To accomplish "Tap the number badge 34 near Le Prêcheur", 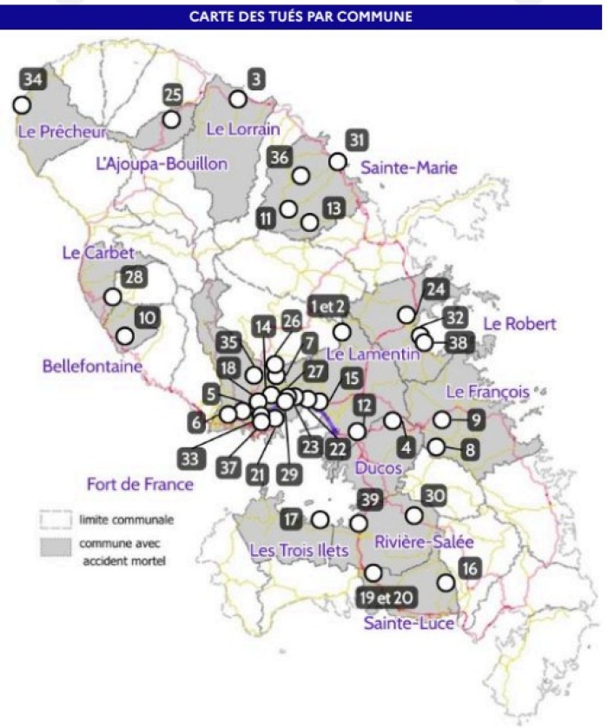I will pos(33,80).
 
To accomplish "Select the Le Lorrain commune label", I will pos(243,129).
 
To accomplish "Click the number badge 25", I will pos(174,95).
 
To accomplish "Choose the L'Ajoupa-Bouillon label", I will pos(162,163).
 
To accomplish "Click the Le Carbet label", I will pos(98,253).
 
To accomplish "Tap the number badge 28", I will pos(134,278).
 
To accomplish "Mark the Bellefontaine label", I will pos(91,367).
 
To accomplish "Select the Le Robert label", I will pos(519,324).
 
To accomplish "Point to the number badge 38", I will pos(457,342).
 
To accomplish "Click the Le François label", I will pos(487,392).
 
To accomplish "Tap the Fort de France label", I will pos(140,483).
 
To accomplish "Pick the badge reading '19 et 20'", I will pos(385,599).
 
